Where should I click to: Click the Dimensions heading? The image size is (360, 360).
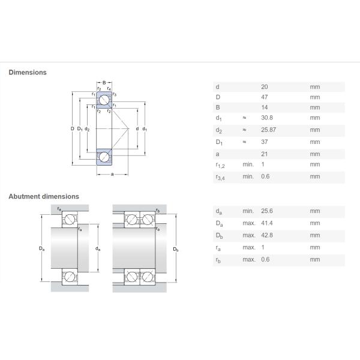(27, 73)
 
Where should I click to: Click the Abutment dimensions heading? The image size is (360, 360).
(43, 196)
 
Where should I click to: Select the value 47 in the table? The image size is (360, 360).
(265, 97)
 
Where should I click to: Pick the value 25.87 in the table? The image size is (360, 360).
(269, 130)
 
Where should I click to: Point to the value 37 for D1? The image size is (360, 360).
(265, 142)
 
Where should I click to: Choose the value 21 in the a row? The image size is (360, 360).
(265, 154)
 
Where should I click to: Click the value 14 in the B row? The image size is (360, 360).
(265, 107)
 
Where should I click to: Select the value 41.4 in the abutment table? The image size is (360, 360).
(267, 223)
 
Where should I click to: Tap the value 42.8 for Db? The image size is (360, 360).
(267, 235)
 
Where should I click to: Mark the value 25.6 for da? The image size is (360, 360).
(267, 211)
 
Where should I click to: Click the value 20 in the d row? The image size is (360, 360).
(265, 87)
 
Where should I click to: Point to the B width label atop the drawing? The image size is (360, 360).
(104, 82)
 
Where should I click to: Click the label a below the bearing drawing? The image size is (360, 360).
(112, 175)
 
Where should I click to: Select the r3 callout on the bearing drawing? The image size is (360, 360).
(114, 95)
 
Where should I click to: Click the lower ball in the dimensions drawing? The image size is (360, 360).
(104, 157)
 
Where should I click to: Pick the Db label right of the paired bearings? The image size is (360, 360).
(176, 249)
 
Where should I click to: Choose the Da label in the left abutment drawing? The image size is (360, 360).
(41, 249)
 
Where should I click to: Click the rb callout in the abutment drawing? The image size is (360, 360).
(157, 211)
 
